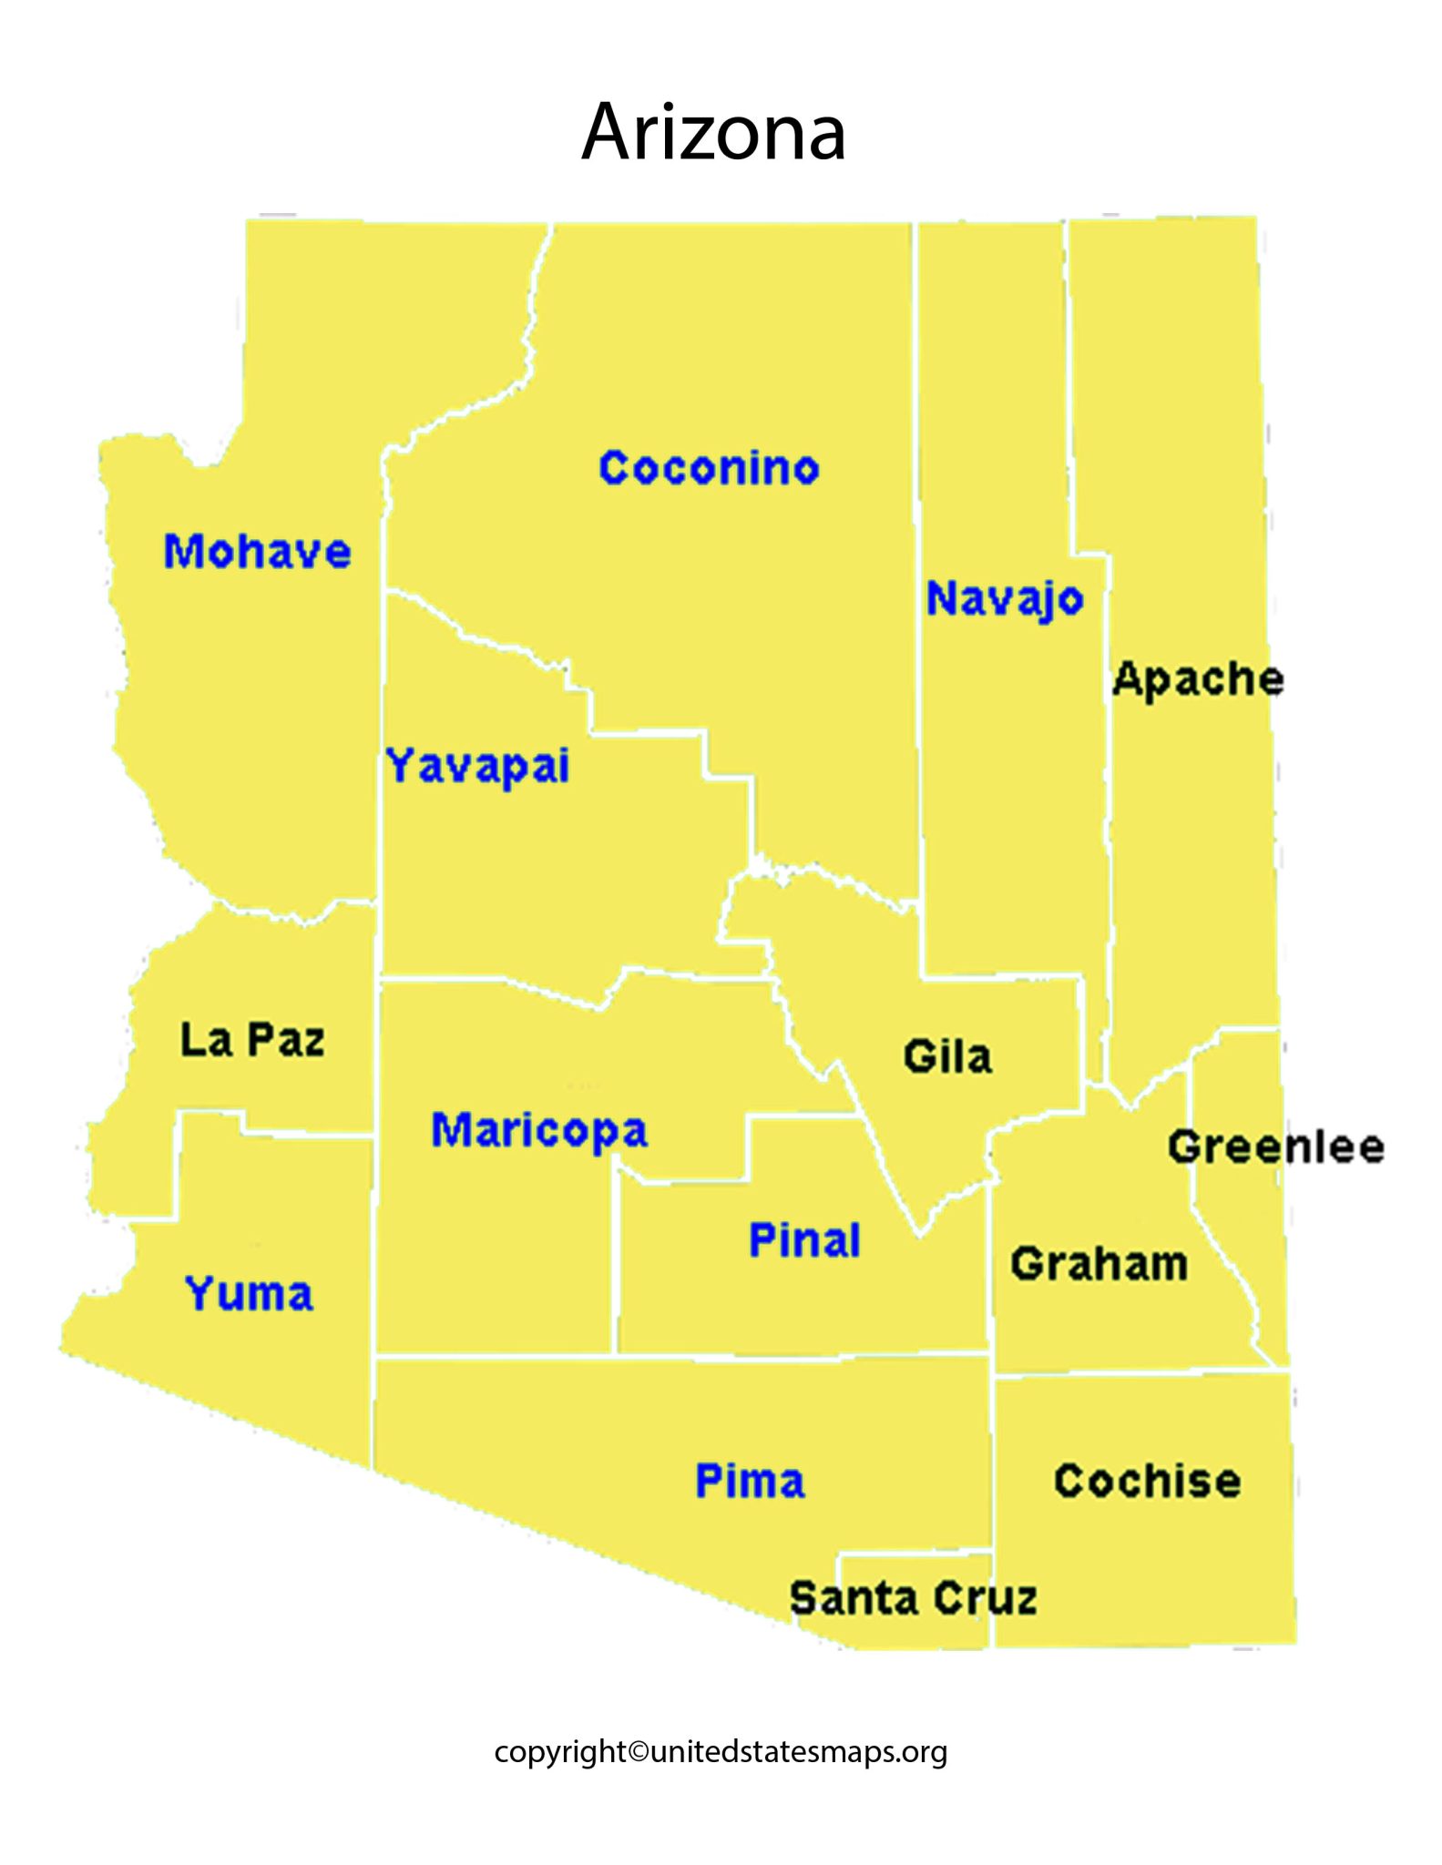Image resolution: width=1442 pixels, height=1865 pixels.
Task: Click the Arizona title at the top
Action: click(713, 133)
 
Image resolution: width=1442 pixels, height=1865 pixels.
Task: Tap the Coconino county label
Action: click(709, 468)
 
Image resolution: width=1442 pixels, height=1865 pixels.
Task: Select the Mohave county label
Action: click(257, 552)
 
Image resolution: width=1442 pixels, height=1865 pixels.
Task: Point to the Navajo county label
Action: click(1005, 599)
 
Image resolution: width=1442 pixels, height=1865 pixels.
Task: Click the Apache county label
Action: click(1198, 679)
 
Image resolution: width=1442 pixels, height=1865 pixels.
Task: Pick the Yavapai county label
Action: click(478, 766)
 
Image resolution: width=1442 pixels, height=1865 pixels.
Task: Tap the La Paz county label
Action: click(252, 1040)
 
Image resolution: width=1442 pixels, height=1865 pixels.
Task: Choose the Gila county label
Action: click(947, 1057)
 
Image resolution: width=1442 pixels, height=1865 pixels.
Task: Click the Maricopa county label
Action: click(539, 1130)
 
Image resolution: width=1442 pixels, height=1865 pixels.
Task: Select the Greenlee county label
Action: click(1276, 1147)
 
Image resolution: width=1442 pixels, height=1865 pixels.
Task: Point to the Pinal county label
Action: click(804, 1240)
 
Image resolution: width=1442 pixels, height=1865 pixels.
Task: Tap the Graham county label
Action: click(1099, 1264)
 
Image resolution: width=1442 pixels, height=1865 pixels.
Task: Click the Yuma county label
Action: click(249, 1294)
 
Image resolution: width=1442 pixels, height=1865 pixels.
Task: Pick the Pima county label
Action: click(750, 1482)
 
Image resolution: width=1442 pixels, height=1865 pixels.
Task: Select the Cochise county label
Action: click(1147, 1482)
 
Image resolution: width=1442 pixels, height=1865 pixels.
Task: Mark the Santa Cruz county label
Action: click(913, 1599)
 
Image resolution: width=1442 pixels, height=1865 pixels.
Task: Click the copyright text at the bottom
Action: click(721, 1751)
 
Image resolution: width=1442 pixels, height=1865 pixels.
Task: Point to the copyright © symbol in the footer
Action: click(639, 1752)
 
